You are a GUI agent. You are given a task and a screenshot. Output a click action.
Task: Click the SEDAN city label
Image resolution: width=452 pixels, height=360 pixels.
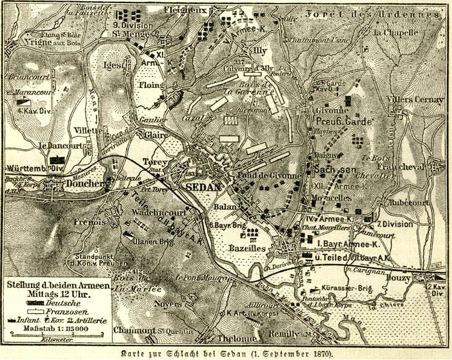[203, 187]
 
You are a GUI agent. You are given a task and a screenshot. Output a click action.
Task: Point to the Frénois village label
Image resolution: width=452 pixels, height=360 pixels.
[90, 222]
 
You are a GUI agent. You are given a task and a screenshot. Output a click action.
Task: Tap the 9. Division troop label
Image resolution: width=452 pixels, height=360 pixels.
[133, 25]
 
